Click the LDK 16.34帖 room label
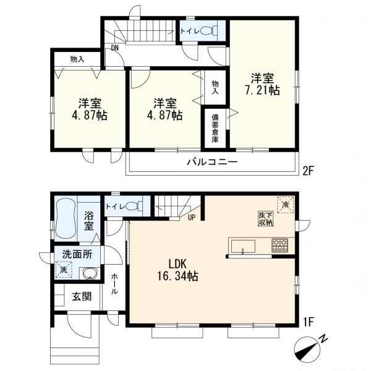pyautogui.click(x=177, y=270)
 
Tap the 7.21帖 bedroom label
pyautogui.click(x=262, y=84)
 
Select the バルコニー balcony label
pyautogui.click(x=212, y=162)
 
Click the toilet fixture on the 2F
pyautogui.click(x=209, y=31)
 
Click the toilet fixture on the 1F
pyautogui.click(x=134, y=206)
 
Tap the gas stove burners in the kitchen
pyautogui.click(x=279, y=245)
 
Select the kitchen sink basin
pyautogui.click(x=243, y=247)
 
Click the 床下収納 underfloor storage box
pyautogui.click(x=265, y=219)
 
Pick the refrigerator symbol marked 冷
pyautogui.click(x=286, y=205)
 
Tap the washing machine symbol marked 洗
pyautogui.click(x=64, y=270)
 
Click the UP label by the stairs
pyautogui.click(x=192, y=218)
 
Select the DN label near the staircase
pyautogui.click(x=114, y=48)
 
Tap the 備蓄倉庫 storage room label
pyautogui.click(x=215, y=128)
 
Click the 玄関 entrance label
pyautogui.click(x=82, y=296)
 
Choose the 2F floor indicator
pyautogui.click(x=308, y=171)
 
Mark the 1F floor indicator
pyautogui.click(x=308, y=322)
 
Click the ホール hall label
pyautogui.click(x=114, y=284)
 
